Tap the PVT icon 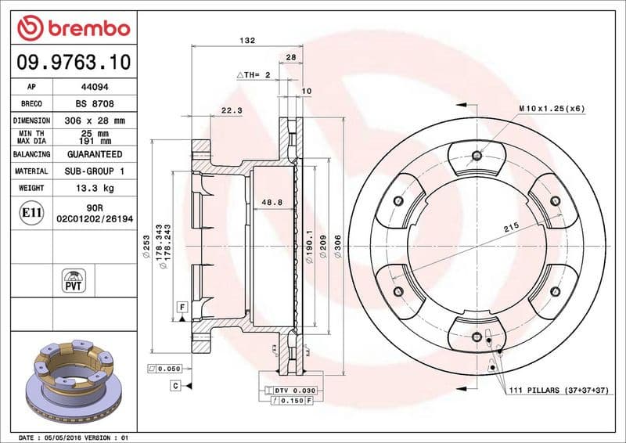point(73,281)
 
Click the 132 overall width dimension point(247,39)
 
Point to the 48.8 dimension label point(271,203)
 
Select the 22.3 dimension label point(232,111)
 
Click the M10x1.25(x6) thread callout point(551,108)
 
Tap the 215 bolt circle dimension point(511,227)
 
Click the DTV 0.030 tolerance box point(291,390)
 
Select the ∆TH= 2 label point(253,74)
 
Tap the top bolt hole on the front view point(477,155)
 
